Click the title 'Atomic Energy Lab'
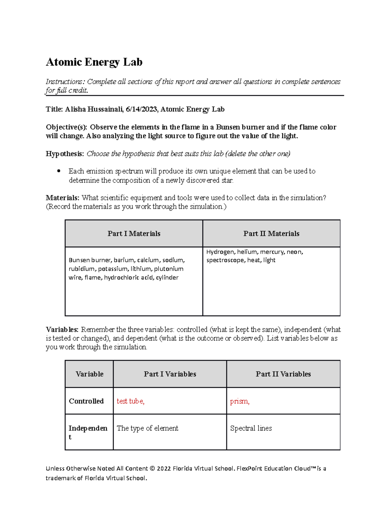click(94, 62)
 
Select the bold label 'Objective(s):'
click(67, 127)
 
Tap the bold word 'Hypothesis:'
click(65, 154)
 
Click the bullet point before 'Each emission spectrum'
click(59, 171)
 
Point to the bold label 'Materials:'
click(62, 198)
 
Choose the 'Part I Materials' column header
click(134, 233)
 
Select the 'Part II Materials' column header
click(271, 233)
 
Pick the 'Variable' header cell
click(89, 374)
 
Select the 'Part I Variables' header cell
click(170, 374)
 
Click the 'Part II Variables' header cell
click(283, 374)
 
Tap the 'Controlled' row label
click(86, 401)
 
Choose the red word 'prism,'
click(240, 401)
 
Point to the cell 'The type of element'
click(148, 428)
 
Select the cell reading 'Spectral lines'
click(251, 428)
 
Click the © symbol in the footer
click(152, 469)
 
